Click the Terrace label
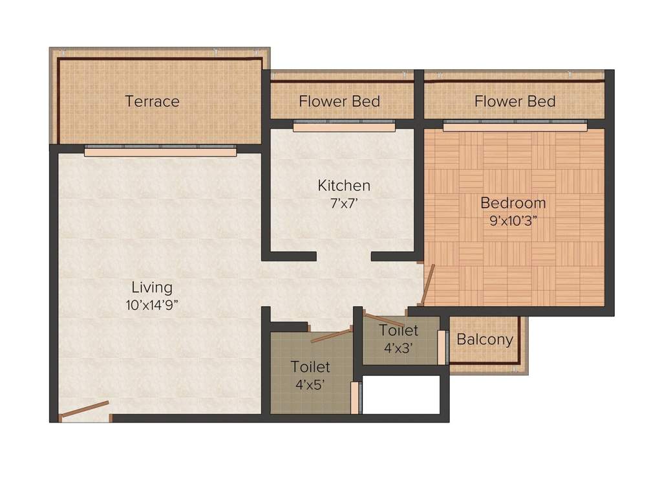152,102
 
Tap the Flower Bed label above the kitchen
339,102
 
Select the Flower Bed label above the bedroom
515,102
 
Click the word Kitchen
344,186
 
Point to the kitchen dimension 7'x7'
344,203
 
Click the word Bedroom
513,203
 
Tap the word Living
152,287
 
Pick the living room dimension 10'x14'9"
152,305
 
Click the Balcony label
485,339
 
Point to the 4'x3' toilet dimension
399,348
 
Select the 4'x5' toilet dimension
310,384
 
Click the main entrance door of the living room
85,411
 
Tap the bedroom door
427,284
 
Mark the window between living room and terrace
160,151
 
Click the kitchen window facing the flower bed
344,126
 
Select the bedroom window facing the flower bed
515,126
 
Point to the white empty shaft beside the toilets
401,394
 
